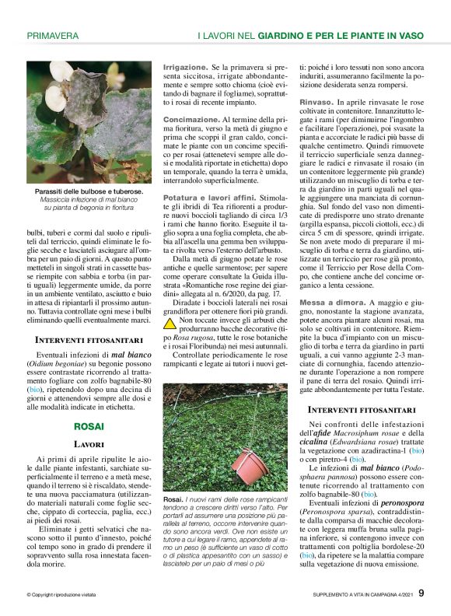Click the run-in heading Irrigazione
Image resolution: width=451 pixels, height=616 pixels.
pyautogui.click(x=185, y=68)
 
